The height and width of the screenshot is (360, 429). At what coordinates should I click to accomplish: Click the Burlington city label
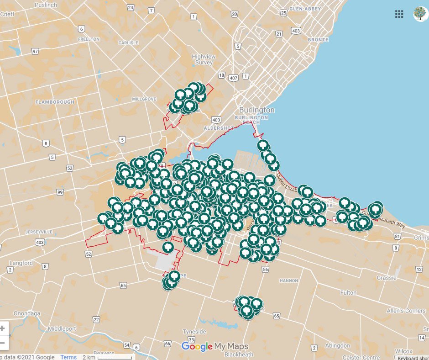[x=257, y=110]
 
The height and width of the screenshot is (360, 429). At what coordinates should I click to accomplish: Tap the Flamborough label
[x=54, y=102]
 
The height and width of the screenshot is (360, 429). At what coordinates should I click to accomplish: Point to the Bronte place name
[x=318, y=40]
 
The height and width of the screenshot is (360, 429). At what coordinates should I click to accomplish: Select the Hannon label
[x=289, y=281]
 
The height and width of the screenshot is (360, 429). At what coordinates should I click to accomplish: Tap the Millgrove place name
[x=144, y=99]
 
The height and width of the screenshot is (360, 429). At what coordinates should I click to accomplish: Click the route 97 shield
[x=35, y=52]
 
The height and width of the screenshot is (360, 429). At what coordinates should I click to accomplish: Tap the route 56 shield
[x=266, y=270]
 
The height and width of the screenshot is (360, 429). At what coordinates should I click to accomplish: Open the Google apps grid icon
[x=399, y=14]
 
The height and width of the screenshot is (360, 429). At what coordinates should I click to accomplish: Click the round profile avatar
[x=420, y=14]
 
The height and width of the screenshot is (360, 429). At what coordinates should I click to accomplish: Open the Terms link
[x=68, y=357]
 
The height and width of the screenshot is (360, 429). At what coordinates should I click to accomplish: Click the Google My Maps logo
[x=214, y=346]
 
